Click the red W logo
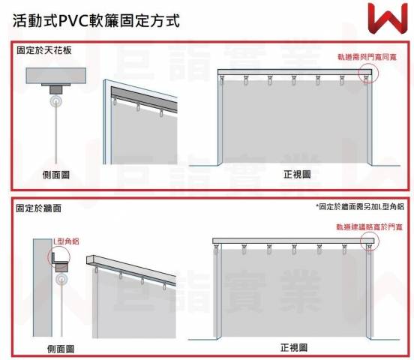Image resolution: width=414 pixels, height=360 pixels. [388, 19]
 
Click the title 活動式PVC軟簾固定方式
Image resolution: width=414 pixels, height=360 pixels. [96, 20]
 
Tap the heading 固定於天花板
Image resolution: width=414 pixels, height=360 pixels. [44, 50]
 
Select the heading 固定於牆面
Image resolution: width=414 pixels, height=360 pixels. [38, 208]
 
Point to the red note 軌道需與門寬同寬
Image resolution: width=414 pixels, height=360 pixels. [367, 57]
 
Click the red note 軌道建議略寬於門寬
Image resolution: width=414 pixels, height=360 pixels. [369, 227]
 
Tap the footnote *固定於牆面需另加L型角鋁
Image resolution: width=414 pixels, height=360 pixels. [360, 206]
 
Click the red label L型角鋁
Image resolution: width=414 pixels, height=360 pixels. [66, 241]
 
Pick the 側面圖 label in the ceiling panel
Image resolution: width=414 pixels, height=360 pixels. [56, 175]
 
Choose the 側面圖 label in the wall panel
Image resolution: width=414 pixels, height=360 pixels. [61, 349]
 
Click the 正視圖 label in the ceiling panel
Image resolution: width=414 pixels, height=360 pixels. [297, 174]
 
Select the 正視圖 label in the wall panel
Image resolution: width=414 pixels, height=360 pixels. [294, 347]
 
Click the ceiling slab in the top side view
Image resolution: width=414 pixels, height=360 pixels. [56, 76]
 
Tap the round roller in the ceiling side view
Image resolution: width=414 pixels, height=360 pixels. [56, 102]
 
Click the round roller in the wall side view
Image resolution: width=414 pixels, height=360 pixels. [61, 279]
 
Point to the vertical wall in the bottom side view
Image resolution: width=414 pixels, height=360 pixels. [43, 288]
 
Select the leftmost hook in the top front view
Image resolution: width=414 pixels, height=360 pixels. [221, 79]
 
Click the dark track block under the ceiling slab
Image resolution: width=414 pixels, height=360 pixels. [56, 90]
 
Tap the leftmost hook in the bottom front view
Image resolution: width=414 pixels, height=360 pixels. [217, 249]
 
